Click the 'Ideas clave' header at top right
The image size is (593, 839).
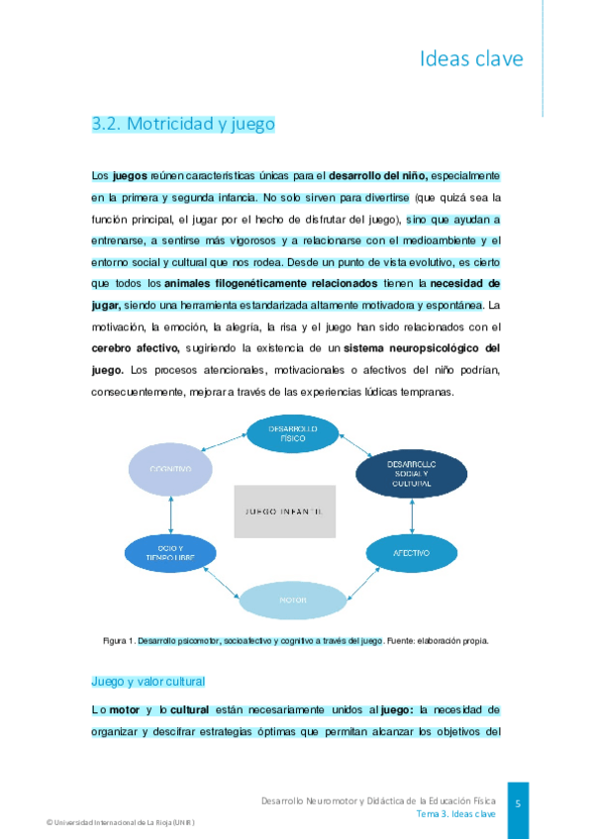(471, 58)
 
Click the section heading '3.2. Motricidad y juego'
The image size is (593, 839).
(182, 124)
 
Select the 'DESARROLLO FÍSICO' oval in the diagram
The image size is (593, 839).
(293, 432)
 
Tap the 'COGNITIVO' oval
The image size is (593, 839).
(171, 469)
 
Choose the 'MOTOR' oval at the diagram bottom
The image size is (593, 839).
(292, 600)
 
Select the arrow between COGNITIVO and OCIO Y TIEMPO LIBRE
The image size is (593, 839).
(171, 514)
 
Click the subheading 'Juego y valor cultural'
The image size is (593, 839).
(148, 682)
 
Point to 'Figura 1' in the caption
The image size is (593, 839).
(119, 641)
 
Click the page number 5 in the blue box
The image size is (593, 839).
(518, 804)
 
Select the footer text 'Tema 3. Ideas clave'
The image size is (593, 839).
(455, 814)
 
